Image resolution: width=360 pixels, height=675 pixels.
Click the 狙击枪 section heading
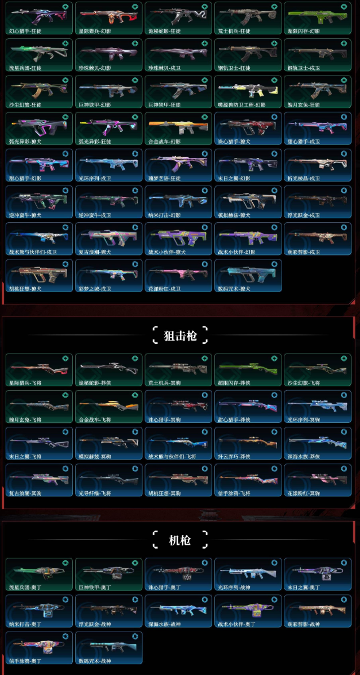click(179, 336)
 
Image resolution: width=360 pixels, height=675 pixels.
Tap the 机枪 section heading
click(179, 540)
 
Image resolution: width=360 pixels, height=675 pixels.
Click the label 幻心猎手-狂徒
click(25, 31)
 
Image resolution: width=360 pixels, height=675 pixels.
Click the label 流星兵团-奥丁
click(25, 588)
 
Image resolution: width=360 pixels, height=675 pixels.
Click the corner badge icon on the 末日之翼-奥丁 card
click(344, 563)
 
